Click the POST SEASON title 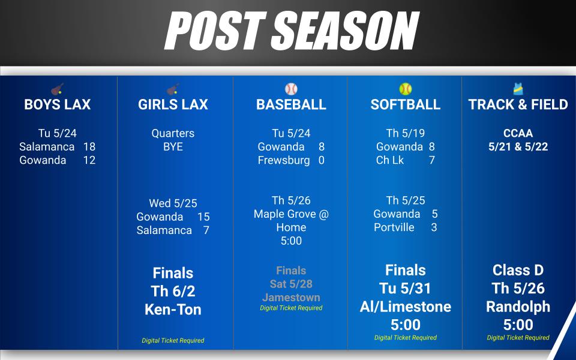point(292,30)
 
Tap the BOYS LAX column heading point(58,104)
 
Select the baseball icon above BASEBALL point(291,89)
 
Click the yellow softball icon point(405,89)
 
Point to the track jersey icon point(518,89)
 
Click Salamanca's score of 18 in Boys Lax point(89,146)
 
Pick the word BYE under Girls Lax point(173,146)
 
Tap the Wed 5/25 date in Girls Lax point(173,203)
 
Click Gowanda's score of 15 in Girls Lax point(203,217)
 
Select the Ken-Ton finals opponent point(173,310)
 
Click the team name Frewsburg point(284,161)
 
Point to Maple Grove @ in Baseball point(291,214)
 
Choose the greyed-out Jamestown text point(291,297)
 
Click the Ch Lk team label point(390,160)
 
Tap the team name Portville point(394,227)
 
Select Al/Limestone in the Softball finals point(405,307)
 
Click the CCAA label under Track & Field point(518,133)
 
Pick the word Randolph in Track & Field point(518,307)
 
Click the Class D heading point(518,271)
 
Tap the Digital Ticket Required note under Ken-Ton point(173,341)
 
